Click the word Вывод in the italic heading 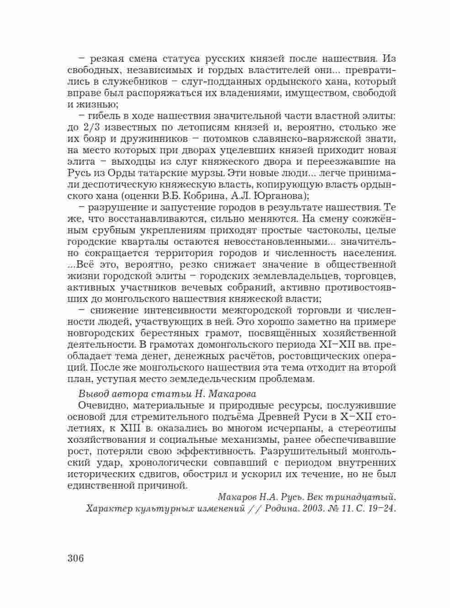93,394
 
